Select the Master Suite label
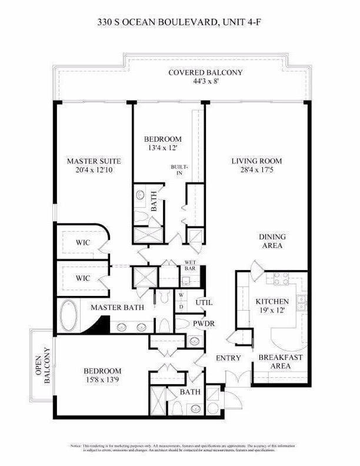coord(94,161)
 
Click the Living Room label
coord(256,161)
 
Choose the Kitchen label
coord(272,302)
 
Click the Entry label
coord(228,358)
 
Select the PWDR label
coord(205,324)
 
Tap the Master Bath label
coord(114,307)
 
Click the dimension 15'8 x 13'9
coord(102,380)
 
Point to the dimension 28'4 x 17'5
coord(256,170)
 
